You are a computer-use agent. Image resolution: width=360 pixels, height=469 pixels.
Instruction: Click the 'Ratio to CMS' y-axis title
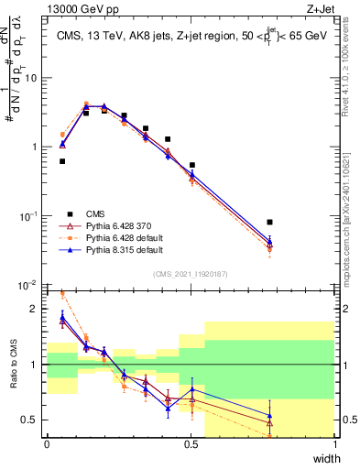coord(13,366)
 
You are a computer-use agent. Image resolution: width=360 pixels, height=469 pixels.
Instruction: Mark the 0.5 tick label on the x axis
coord(191,445)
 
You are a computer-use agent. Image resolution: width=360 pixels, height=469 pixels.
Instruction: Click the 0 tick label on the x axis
coord(47,445)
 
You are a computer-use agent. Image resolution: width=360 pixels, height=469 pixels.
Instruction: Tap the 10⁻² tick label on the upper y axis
coord(30,285)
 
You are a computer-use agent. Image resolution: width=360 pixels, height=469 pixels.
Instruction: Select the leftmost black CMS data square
coord(62,161)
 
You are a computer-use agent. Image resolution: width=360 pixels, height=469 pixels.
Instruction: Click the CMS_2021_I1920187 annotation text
coord(191,273)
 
